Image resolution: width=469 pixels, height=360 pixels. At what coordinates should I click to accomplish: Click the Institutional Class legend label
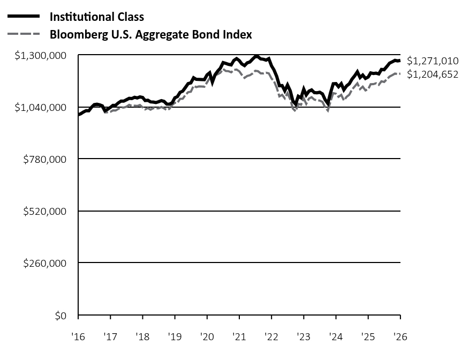coord(96,17)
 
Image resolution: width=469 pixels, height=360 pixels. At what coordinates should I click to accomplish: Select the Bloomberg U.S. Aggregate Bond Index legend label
coord(150,35)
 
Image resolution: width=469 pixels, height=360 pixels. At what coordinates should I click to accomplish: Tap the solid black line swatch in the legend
coord(24,17)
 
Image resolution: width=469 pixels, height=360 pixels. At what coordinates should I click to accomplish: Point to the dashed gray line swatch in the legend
coord(24,35)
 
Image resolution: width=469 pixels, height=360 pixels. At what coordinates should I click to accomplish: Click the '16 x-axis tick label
coord(78,337)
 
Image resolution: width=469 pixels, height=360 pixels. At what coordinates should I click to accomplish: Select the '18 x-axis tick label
coord(142,337)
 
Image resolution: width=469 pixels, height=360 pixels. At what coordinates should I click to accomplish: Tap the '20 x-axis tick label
coord(207,337)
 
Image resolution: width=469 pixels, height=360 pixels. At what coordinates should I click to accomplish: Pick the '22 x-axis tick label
coord(271,337)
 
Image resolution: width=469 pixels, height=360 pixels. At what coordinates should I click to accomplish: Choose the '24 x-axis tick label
coord(336,337)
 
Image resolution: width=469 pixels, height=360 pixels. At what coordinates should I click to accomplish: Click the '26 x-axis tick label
coord(399,337)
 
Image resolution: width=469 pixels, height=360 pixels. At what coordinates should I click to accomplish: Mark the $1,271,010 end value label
coord(433,61)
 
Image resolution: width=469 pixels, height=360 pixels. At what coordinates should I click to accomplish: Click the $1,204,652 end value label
coord(433,74)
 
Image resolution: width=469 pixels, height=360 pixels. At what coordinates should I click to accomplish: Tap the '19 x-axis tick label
coord(175,337)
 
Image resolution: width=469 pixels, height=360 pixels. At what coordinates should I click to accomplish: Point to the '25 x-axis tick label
coord(368,337)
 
